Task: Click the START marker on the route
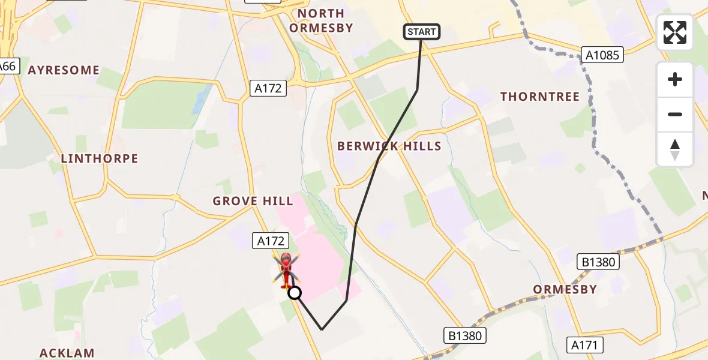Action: click(422, 32)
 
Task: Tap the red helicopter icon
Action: click(286, 271)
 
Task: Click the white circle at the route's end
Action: click(295, 293)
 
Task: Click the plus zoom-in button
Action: click(675, 80)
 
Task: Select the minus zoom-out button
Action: click(675, 114)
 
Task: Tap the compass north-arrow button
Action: click(675, 149)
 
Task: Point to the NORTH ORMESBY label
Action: click(321, 20)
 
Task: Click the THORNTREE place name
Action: click(540, 97)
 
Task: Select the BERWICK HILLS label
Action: click(389, 146)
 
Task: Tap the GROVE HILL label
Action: click(253, 201)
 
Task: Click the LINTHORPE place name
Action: click(100, 159)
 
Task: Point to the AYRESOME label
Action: click(64, 70)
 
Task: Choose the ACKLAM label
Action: click(68, 353)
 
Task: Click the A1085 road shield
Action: click(603, 55)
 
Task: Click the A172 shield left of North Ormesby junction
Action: click(268, 89)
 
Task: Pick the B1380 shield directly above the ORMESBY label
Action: click(598, 262)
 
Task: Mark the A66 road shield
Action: click(7, 66)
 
